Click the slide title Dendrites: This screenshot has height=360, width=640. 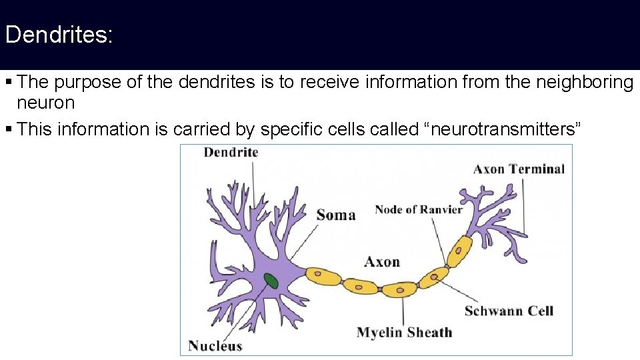click(x=59, y=35)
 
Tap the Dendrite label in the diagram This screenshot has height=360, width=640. click(x=231, y=153)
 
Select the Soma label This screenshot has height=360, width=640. click(x=336, y=215)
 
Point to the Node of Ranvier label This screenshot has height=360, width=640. click(x=418, y=209)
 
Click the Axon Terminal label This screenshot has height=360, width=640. click(x=519, y=169)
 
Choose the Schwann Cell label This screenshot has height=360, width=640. click(x=509, y=311)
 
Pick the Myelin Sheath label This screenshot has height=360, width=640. click(x=404, y=332)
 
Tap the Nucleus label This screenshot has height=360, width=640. click(x=215, y=345)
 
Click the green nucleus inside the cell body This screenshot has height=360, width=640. click(x=271, y=281)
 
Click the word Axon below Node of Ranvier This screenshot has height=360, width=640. click(x=382, y=261)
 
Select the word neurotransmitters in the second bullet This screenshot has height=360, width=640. click(x=503, y=129)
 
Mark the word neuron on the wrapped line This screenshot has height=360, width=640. click(x=45, y=103)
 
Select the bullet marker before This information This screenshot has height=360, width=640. click(x=8, y=129)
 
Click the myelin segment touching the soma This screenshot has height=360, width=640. click(x=323, y=275)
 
